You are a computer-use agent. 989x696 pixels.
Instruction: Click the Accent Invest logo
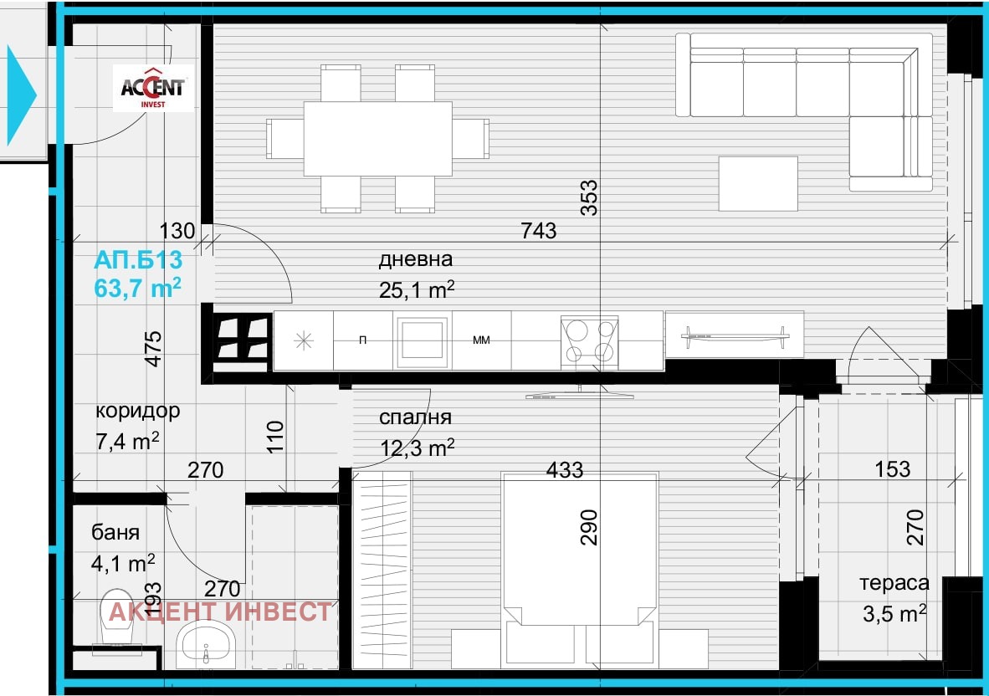153,89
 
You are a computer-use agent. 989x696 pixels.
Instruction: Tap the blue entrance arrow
21,95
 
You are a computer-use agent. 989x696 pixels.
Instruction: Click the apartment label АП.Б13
138,259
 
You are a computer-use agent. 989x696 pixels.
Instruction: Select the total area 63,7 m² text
137,288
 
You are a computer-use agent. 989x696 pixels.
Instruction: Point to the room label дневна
416,259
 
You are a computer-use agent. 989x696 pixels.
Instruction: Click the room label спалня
415,417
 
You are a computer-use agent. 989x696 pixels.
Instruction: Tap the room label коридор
137,411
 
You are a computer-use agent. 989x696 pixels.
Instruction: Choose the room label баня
115,532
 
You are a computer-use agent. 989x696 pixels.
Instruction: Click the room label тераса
894,584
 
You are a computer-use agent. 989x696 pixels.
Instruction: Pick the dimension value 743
539,231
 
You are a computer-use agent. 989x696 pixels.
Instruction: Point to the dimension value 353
588,198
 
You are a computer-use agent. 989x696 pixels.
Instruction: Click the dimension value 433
565,469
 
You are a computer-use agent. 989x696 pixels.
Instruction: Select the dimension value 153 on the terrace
893,469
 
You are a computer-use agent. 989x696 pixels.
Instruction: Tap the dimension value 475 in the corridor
153,349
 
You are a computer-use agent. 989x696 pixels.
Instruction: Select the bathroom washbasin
206,643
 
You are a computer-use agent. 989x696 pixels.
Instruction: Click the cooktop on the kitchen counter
590,341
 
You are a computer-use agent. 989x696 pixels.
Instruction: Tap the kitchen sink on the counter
422,340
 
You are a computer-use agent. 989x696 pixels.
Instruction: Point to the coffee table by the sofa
758,183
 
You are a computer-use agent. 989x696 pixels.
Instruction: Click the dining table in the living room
378,139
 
